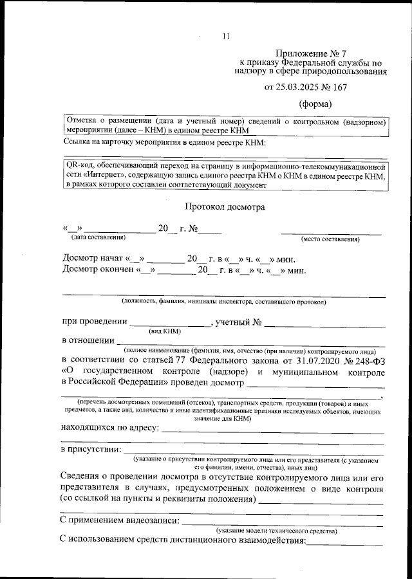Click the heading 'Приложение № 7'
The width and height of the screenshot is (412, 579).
point(304,53)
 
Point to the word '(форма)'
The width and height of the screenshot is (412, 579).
point(316,104)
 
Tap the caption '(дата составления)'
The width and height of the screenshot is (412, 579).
point(98,238)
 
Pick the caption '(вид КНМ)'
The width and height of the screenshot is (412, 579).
point(165,331)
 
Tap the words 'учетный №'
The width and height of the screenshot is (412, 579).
point(238,322)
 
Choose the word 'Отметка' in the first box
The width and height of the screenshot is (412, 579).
point(81,121)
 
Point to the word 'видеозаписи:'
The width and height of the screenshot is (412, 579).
point(153,520)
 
